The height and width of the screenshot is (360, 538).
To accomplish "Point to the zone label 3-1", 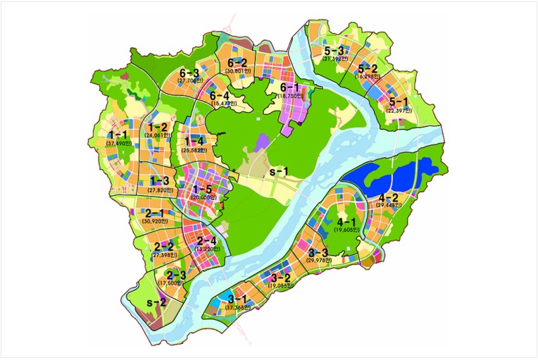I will pyautogui.click(x=239, y=299).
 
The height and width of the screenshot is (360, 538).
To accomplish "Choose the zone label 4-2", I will pyautogui.click(x=389, y=197).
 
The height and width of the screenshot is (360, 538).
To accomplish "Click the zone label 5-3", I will pyautogui.click(x=334, y=51).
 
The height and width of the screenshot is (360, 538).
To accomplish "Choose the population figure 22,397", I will pyautogui.click(x=399, y=110).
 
